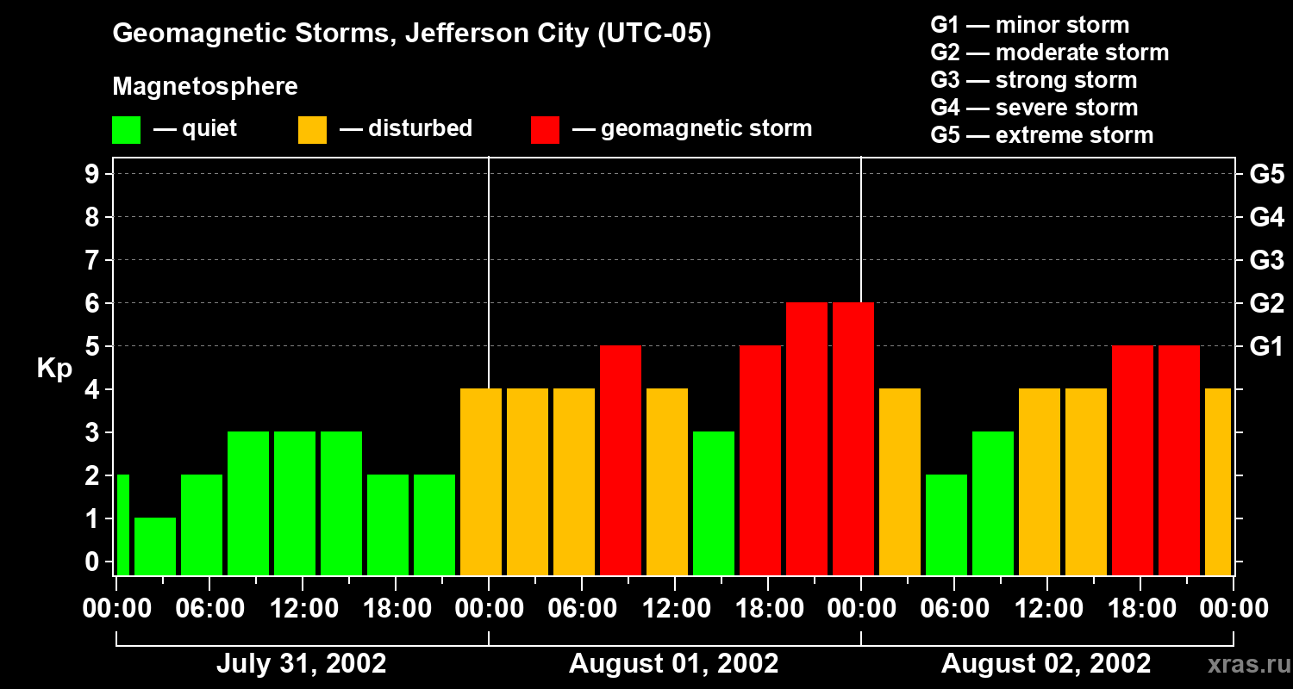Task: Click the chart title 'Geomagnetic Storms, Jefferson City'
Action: pyautogui.click(x=411, y=34)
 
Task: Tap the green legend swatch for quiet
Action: pyautogui.click(x=126, y=129)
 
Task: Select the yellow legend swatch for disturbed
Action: pyautogui.click(x=312, y=129)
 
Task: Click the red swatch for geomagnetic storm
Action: pyautogui.click(x=545, y=129)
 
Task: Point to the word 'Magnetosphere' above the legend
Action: pyautogui.click(x=205, y=87)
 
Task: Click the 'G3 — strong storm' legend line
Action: pyautogui.click(x=1034, y=80)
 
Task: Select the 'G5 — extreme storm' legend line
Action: pyautogui.click(x=1041, y=135)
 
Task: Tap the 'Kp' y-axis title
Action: pyautogui.click(x=53, y=369)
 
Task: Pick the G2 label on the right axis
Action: pyautogui.click(x=1266, y=304)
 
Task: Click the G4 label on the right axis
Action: pyautogui.click(x=1266, y=218)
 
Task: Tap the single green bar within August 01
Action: pyautogui.click(x=714, y=503)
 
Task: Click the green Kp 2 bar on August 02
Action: pyautogui.click(x=946, y=525)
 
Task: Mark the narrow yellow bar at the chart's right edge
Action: pyautogui.click(x=1218, y=481)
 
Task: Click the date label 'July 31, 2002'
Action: pyautogui.click(x=301, y=664)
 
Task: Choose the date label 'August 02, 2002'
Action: pyautogui.click(x=1046, y=664)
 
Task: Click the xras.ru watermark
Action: pyautogui.click(x=1244, y=664)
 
